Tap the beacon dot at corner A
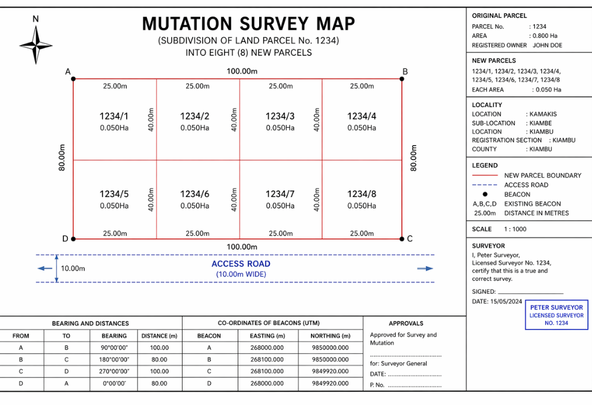pyautogui.click(x=73, y=78)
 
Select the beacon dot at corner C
pyautogui.click(x=402, y=239)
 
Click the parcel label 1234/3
pyautogui.click(x=280, y=116)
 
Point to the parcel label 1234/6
pyautogui.click(x=195, y=194)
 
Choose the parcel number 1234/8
pyautogui.click(x=362, y=194)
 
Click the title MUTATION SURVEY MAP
pyautogui.click(x=248, y=24)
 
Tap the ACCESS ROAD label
pyautogui.click(x=241, y=264)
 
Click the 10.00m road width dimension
pyautogui.click(x=73, y=268)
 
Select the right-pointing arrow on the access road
pyautogui.click(x=425, y=268)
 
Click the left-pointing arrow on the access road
pyautogui.click(x=44, y=268)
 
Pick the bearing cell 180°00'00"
pyautogui.click(x=114, y=359)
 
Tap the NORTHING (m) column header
pyautogui.click(x=330, y=336)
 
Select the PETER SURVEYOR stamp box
pyautogui.click(x=556, y=315)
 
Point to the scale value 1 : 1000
pyautogui.click(x=515, y=229)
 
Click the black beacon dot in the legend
pyautogui.click(x=485, y=194)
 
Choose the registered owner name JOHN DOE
pyautogui.click(x=547, y=45)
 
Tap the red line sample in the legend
pyautogui.click(x=484, y=175)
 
